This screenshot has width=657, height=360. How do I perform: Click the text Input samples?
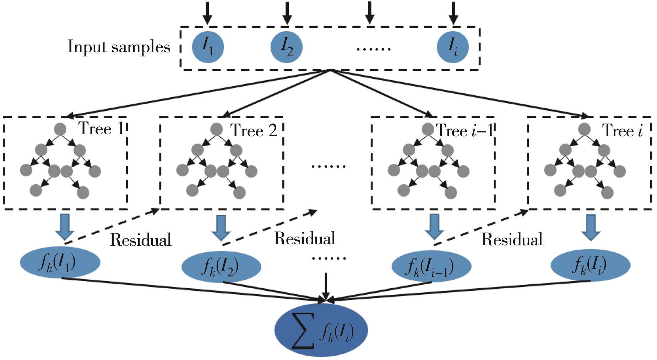[x=119, y=47]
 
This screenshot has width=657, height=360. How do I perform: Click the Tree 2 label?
[x=254, y=131]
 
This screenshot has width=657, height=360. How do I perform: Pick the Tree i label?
[x=623, y=131]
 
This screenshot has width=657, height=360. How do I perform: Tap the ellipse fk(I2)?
[x=221, y=267]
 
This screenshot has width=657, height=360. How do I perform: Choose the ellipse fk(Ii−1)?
[x=431, y=267]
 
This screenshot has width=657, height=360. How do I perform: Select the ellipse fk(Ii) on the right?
[x=590, y=265]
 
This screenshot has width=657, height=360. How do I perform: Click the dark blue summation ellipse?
[x=321, y=330]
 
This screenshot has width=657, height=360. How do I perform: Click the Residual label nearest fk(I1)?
[x=141, y=240]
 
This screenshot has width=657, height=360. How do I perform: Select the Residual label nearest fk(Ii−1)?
[x=512, y=240]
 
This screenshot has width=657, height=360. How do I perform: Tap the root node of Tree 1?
[x=60, y=129]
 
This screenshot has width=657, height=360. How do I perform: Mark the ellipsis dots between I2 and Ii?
[x=373, y=49]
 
